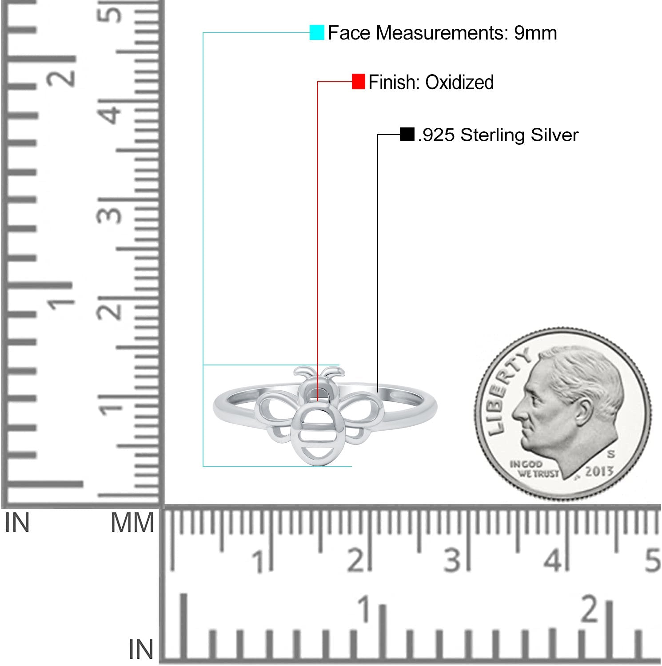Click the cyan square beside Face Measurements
pos(317,32)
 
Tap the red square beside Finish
pos(358,82)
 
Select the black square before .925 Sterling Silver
pos(407,134)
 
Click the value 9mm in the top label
pos(535,33)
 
